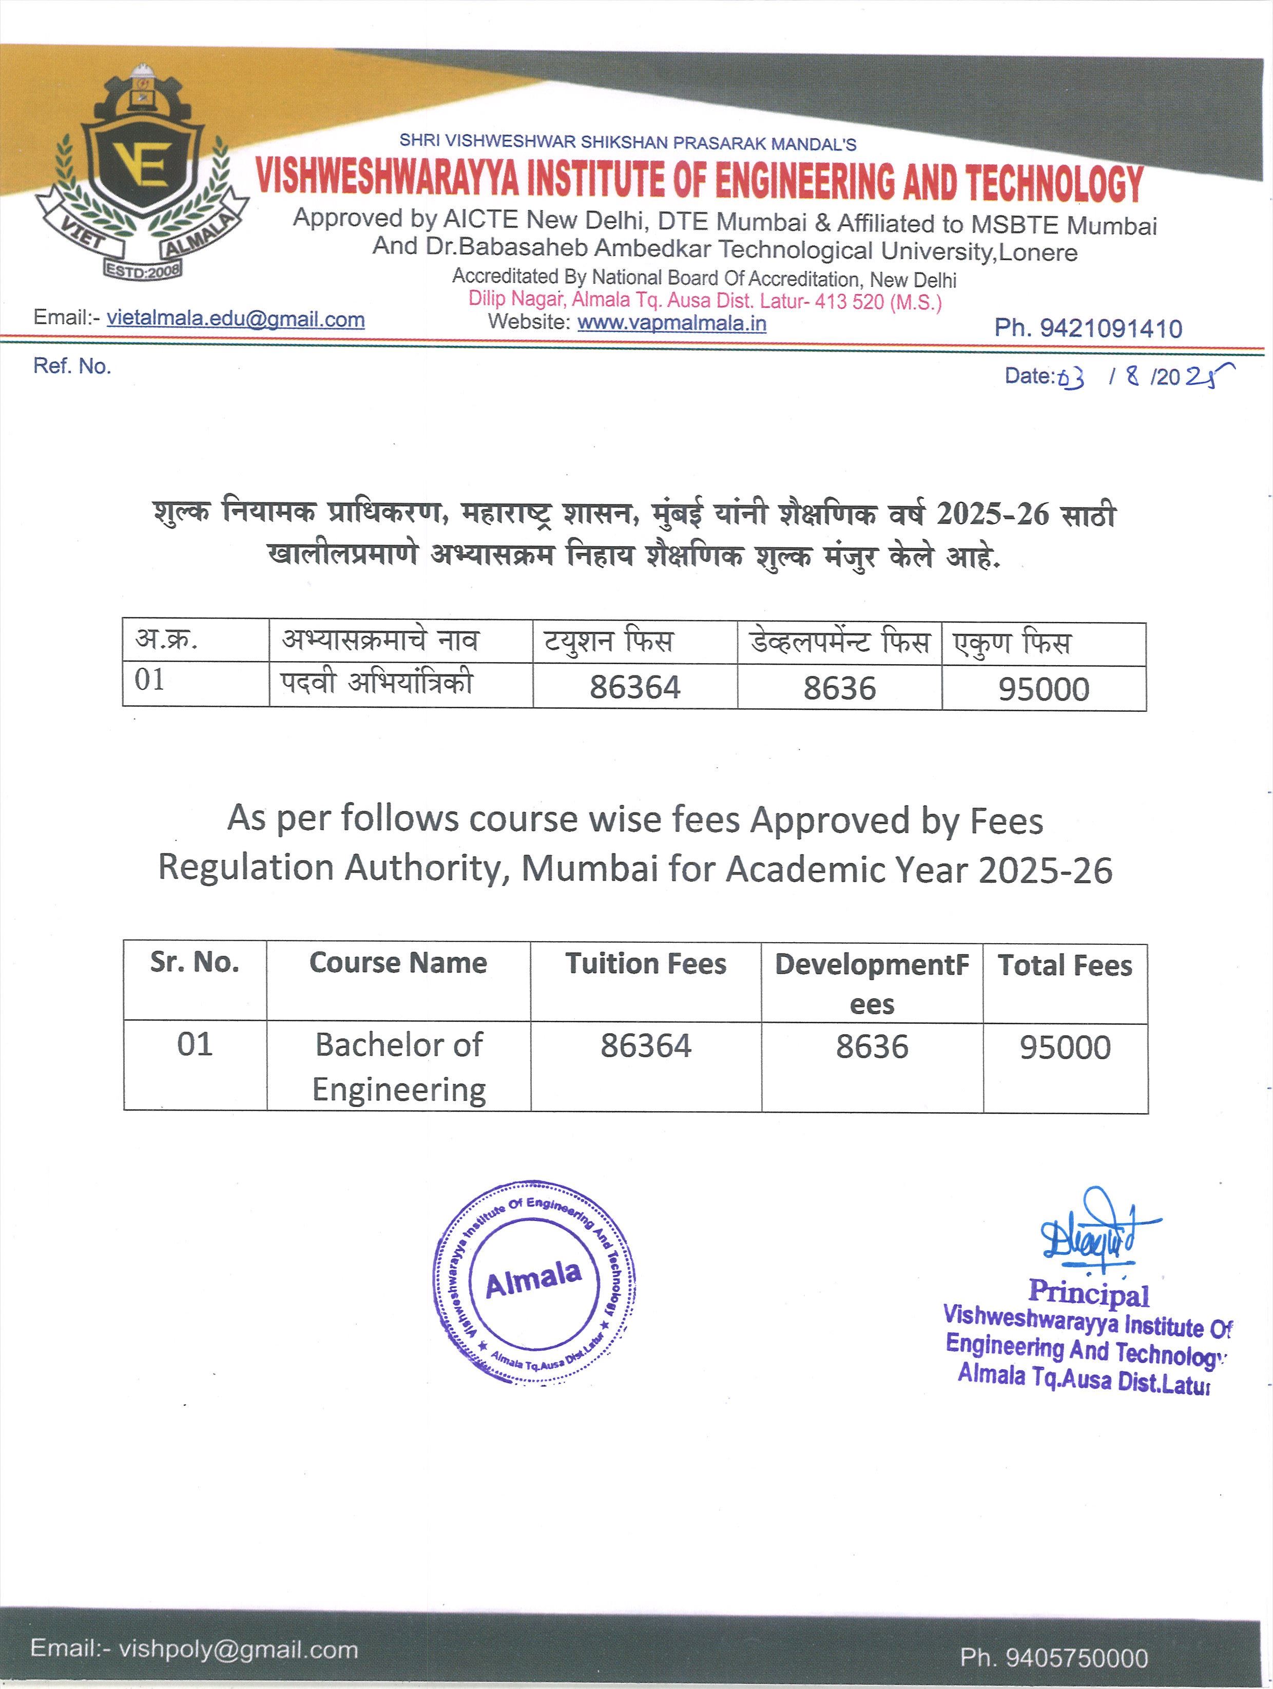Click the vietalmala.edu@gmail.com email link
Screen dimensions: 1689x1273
235,319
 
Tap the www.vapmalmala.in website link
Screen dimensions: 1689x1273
671,323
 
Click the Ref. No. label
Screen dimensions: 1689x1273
72,366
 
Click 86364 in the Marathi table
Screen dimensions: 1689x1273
634,687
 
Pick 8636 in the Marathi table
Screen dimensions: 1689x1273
839,688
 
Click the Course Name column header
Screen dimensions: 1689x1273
398,963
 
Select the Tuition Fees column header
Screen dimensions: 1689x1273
645,964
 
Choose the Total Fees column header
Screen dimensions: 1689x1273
1065,966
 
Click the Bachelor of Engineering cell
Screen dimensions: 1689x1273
399,1066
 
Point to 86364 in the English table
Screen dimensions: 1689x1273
645,1046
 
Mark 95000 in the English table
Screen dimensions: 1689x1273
1065,1047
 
